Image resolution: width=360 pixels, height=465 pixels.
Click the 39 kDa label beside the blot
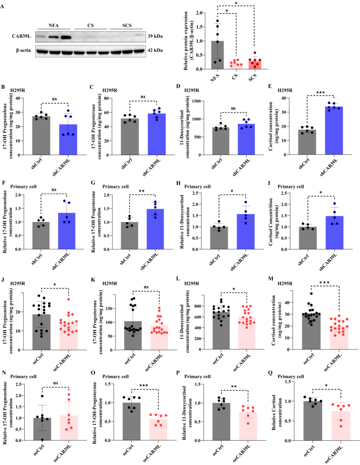(155, 37)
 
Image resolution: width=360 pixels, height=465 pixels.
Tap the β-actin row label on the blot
(23, 50)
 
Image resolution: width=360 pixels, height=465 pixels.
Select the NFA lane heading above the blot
(53, 26)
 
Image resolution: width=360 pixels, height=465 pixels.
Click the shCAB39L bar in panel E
(334, 131)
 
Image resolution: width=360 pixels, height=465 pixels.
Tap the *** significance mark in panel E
(320, 93)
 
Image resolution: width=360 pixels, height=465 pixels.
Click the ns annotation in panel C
(143, 96)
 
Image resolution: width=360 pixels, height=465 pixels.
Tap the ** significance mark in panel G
(142, 191)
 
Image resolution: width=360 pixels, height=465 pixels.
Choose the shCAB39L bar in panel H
(246, 232)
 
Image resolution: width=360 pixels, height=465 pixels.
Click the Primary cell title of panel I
(290, 186)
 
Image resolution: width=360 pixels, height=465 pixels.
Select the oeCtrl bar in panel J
(41, 332)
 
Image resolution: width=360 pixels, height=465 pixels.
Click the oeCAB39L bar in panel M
(339, 338)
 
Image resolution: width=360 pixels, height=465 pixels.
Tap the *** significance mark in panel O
(143, 386)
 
